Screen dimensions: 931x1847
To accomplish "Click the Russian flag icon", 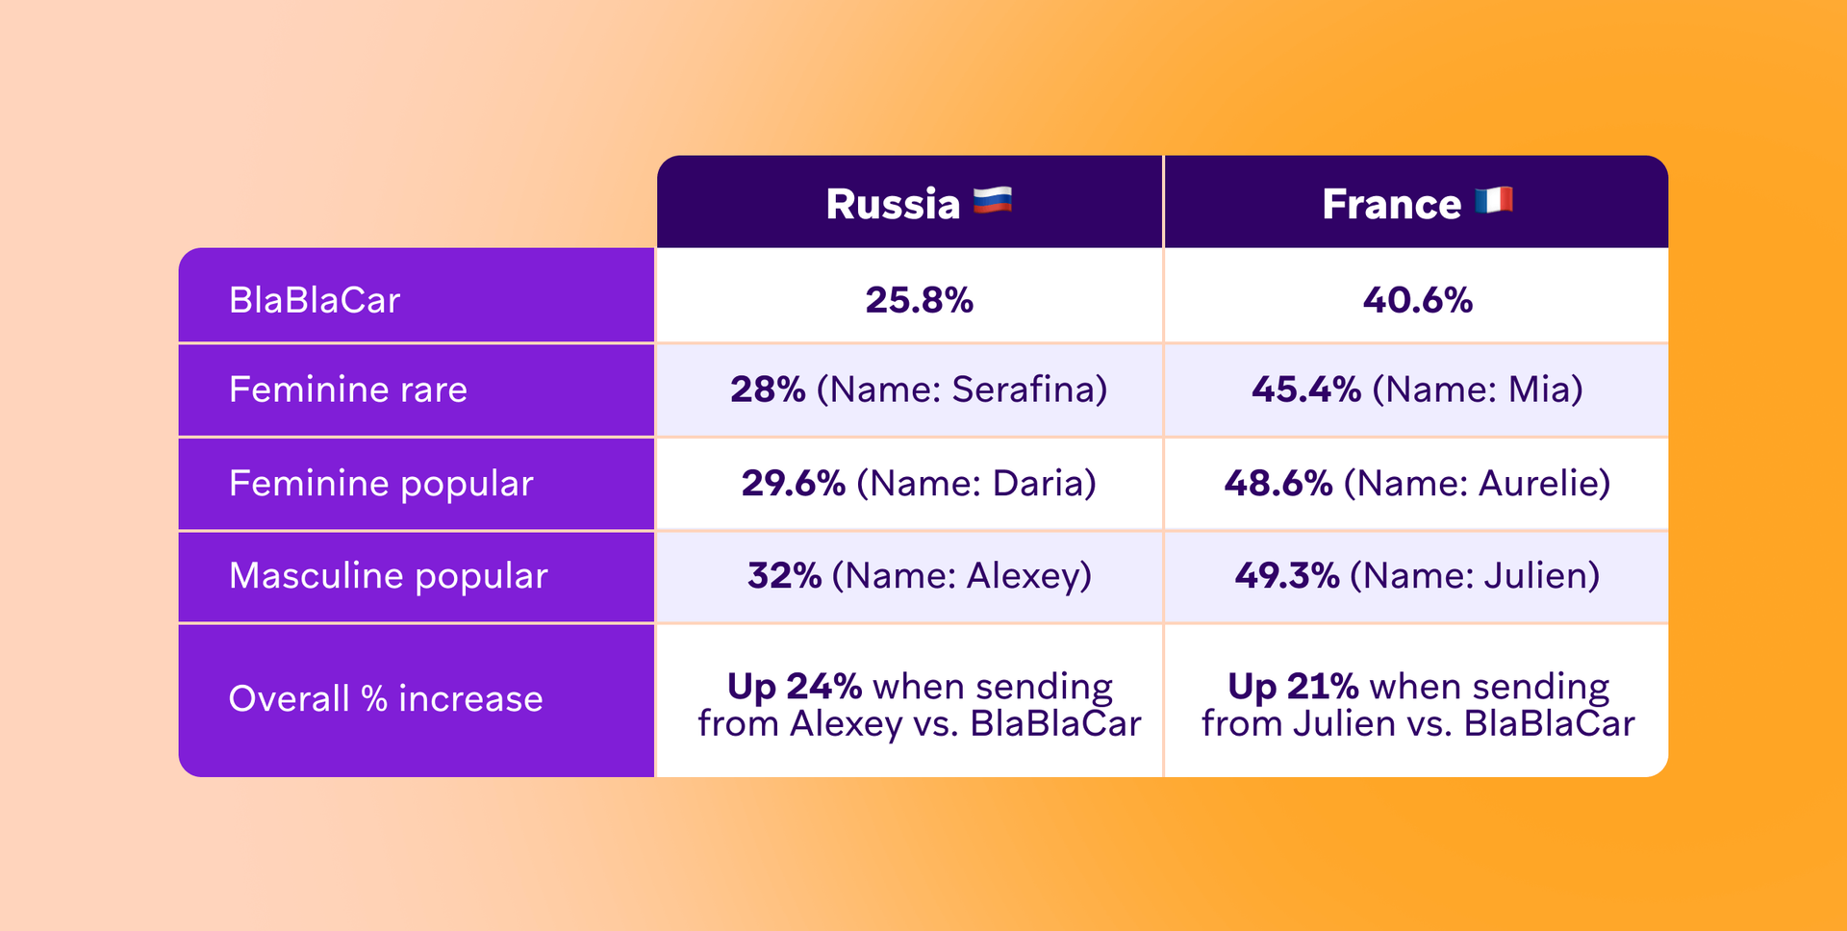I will tap(992, 201).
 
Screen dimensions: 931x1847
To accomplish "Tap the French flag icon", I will tap(1493, 201).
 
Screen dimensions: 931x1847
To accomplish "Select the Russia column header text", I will tap(893, 204).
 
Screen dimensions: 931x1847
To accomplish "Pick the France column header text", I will tap(1391, 204).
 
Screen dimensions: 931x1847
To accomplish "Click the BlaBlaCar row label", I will tap(315, 300).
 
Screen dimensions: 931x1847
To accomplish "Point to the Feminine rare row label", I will tap(348, 390).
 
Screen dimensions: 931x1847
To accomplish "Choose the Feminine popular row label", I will tap(381, 483).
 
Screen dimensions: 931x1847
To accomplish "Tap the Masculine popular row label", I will tap(389, 575).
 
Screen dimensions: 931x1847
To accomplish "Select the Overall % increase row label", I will tap(386, 698).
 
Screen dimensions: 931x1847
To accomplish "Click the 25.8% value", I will tap(919, 300).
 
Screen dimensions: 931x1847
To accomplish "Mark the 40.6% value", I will tap(1417, 300).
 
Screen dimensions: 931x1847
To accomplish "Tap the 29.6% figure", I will tap(793, 483).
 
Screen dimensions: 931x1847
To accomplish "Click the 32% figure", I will tap(784, 575).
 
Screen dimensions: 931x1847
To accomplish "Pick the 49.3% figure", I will tap(1287, 575).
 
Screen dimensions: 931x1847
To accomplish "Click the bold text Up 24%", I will tap(795, 687).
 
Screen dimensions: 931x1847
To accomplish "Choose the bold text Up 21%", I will tap(1293, 687).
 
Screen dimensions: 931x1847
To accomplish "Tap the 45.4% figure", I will tap(1305, 390).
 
